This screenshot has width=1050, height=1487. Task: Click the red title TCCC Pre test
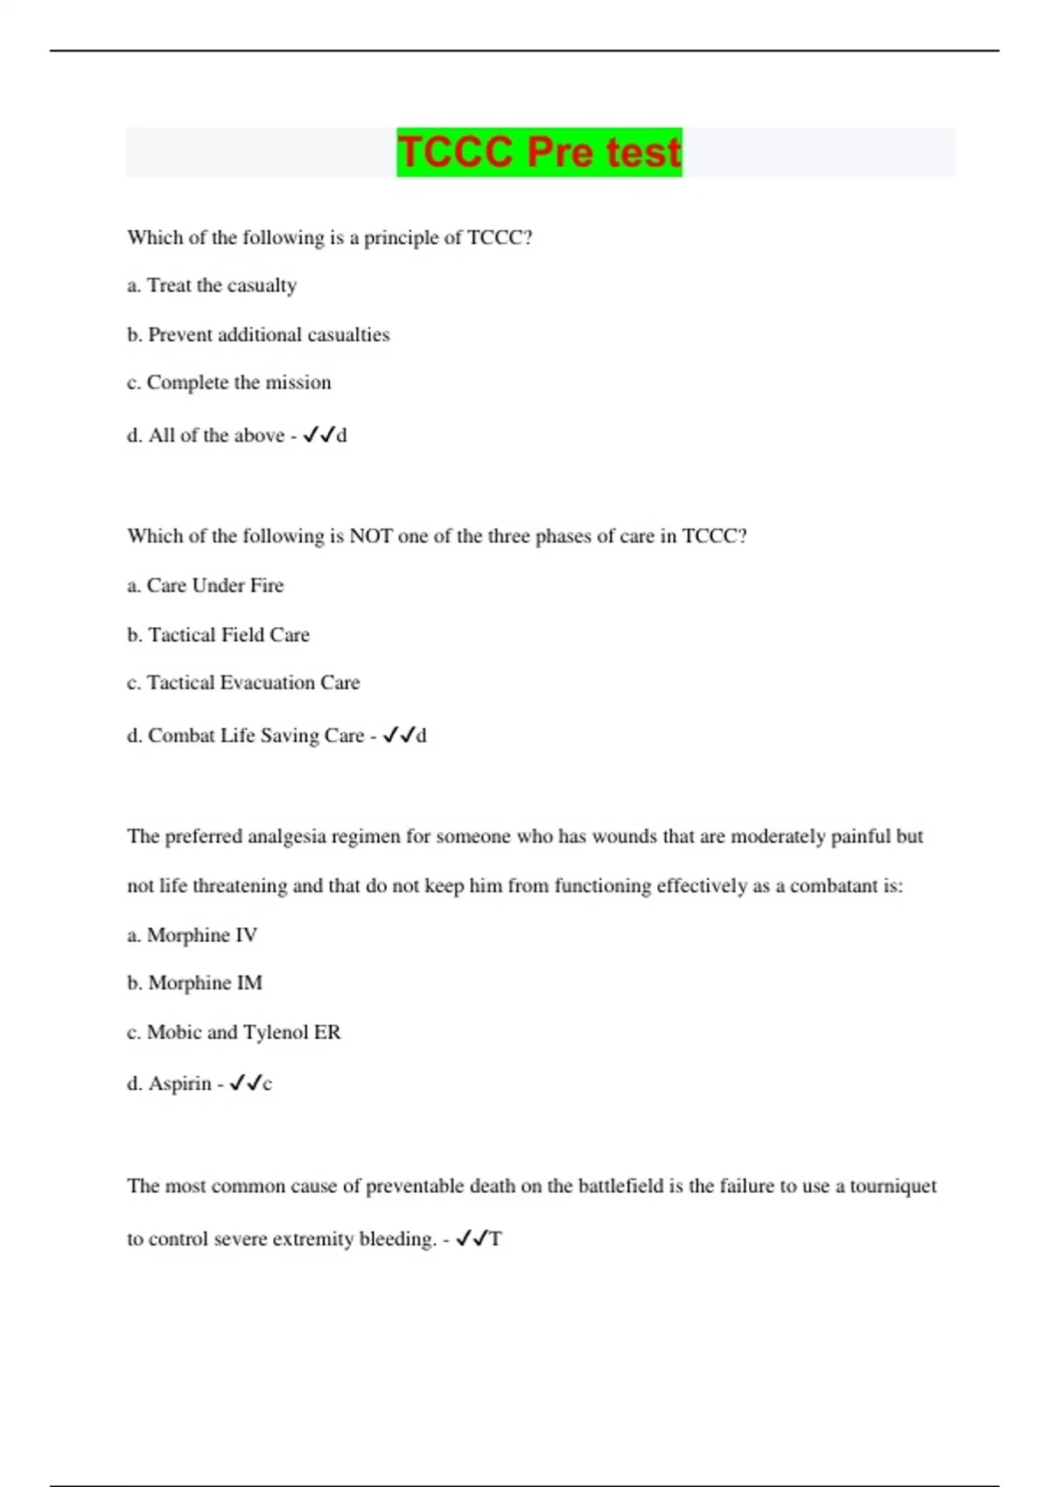539,152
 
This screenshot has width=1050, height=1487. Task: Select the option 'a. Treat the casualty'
212,285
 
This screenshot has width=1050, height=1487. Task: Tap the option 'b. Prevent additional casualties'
258,334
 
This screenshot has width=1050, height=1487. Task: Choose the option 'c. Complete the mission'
229,382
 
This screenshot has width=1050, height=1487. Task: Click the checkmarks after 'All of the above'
318,435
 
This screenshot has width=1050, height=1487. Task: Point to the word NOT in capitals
370,535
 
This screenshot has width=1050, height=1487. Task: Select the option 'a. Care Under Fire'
206,585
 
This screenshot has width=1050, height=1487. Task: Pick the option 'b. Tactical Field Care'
218,634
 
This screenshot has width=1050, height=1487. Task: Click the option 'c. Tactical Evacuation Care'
243,682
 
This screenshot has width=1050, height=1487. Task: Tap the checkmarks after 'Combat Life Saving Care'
398,736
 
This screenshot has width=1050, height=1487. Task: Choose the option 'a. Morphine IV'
192,935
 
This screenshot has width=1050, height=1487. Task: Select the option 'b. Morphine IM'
194,982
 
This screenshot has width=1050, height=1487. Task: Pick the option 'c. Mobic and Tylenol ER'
234,1032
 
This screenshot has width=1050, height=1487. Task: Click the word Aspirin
179,1083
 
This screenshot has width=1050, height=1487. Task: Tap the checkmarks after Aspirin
245,1083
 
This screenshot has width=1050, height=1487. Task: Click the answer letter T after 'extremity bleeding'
495,1239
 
